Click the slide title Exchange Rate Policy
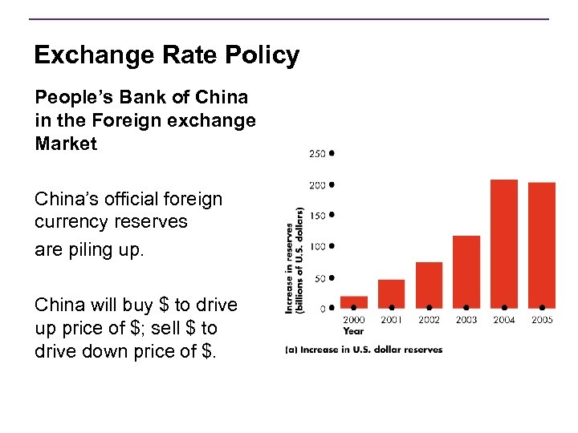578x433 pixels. click(166, 55)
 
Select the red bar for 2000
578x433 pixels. click(353, 302)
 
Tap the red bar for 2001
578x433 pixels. click(391, 293)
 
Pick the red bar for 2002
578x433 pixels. click(429, 285)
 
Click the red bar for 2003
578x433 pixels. click(466, 272)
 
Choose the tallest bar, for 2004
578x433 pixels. click(504, 244)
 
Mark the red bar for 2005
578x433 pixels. click(542, 245)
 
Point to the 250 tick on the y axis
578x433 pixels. click(318, 152)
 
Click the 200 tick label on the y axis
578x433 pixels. click(318, 184)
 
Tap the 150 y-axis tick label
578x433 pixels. click(318, 215)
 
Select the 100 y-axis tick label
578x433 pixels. click(318, 246)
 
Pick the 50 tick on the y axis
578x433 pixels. click(320, 278)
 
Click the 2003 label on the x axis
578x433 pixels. click(466, 320)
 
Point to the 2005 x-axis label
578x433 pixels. click(542, 320)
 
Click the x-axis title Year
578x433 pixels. click(353, 330)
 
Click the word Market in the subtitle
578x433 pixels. click(66, 144)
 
